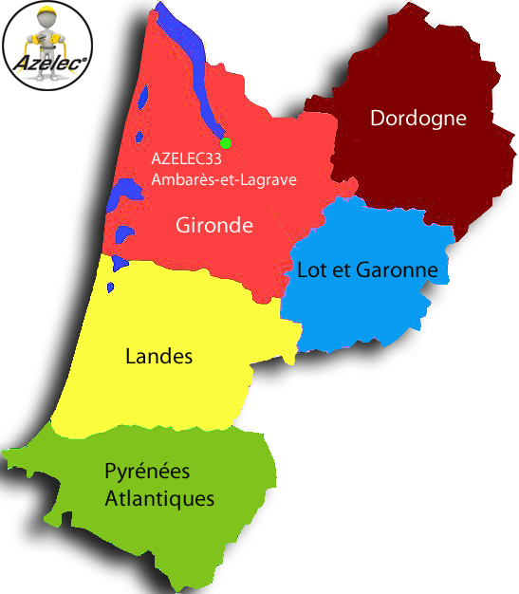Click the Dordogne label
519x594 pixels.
[417, 119]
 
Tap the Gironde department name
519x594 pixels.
[214, 226]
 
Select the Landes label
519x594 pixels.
[158, 357]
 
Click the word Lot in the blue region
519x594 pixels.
[311, 270]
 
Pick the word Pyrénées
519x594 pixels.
[147, 472]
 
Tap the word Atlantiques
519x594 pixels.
[159, 499]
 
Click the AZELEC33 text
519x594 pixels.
[186, 159]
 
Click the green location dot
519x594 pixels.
[226, 143]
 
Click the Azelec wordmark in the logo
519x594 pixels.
[46, 65]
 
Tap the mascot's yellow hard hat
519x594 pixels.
[46, 14]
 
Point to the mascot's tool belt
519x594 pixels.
[46, 46]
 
